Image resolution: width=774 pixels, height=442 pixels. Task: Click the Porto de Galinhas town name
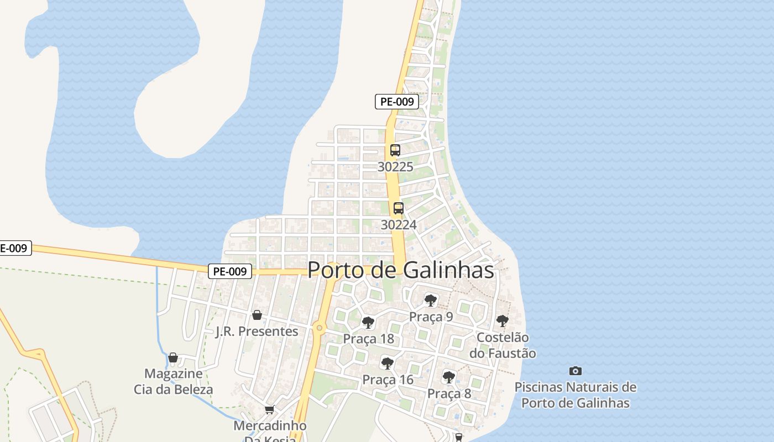point(400,270)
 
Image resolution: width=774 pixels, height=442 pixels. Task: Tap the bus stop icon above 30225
point(395,150)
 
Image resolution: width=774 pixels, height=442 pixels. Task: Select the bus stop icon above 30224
point(398,208)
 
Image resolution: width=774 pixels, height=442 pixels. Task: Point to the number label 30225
point(395,166)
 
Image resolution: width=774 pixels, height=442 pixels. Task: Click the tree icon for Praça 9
point(430,301)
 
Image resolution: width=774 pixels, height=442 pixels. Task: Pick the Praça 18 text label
point(368,339)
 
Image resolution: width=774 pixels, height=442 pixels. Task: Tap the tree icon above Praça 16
point(388,363)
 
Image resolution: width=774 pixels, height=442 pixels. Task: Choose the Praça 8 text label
point(449,394)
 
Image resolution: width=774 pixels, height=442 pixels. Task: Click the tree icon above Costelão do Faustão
point(502,320)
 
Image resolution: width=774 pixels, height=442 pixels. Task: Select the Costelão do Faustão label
point(503,345)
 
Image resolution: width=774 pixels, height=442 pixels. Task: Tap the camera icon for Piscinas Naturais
point(576,371)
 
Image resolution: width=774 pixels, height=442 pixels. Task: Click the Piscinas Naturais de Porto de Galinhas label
point(576,395)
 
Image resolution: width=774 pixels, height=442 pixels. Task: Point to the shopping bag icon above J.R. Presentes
point(257,315)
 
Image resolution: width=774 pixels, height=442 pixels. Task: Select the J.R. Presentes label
point(257,331)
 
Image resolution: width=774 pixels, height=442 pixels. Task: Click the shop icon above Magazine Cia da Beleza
point(173,357)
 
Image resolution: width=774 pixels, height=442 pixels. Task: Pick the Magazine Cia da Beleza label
point(173,381)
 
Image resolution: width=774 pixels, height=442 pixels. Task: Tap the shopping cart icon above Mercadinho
point(269,409)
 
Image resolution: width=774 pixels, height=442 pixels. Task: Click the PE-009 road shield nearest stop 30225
point(396,102)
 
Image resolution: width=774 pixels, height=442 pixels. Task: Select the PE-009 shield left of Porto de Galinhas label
point(230,271)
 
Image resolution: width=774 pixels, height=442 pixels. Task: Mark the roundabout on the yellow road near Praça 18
point(319,328)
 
